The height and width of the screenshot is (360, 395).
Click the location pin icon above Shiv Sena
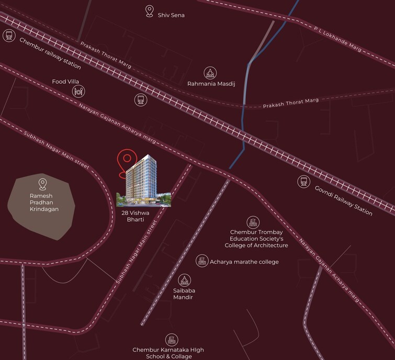point(150,12)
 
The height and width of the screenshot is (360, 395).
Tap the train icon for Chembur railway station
point(8,36)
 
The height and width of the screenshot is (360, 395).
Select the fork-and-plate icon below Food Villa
point(78,92)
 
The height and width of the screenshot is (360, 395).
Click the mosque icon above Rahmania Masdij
point(210,73)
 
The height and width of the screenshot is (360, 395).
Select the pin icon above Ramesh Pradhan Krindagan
point(42,184)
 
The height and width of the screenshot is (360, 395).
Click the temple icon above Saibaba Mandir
point(184,280)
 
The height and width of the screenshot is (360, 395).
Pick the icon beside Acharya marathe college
point(201,261)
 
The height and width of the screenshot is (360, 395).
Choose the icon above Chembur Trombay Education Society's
point(253,222)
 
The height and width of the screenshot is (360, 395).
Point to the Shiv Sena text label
point(171,15)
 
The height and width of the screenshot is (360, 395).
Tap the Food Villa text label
point(65,82)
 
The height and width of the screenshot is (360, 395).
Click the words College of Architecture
point(256,245)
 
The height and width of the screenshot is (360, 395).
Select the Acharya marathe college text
point(244,262)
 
